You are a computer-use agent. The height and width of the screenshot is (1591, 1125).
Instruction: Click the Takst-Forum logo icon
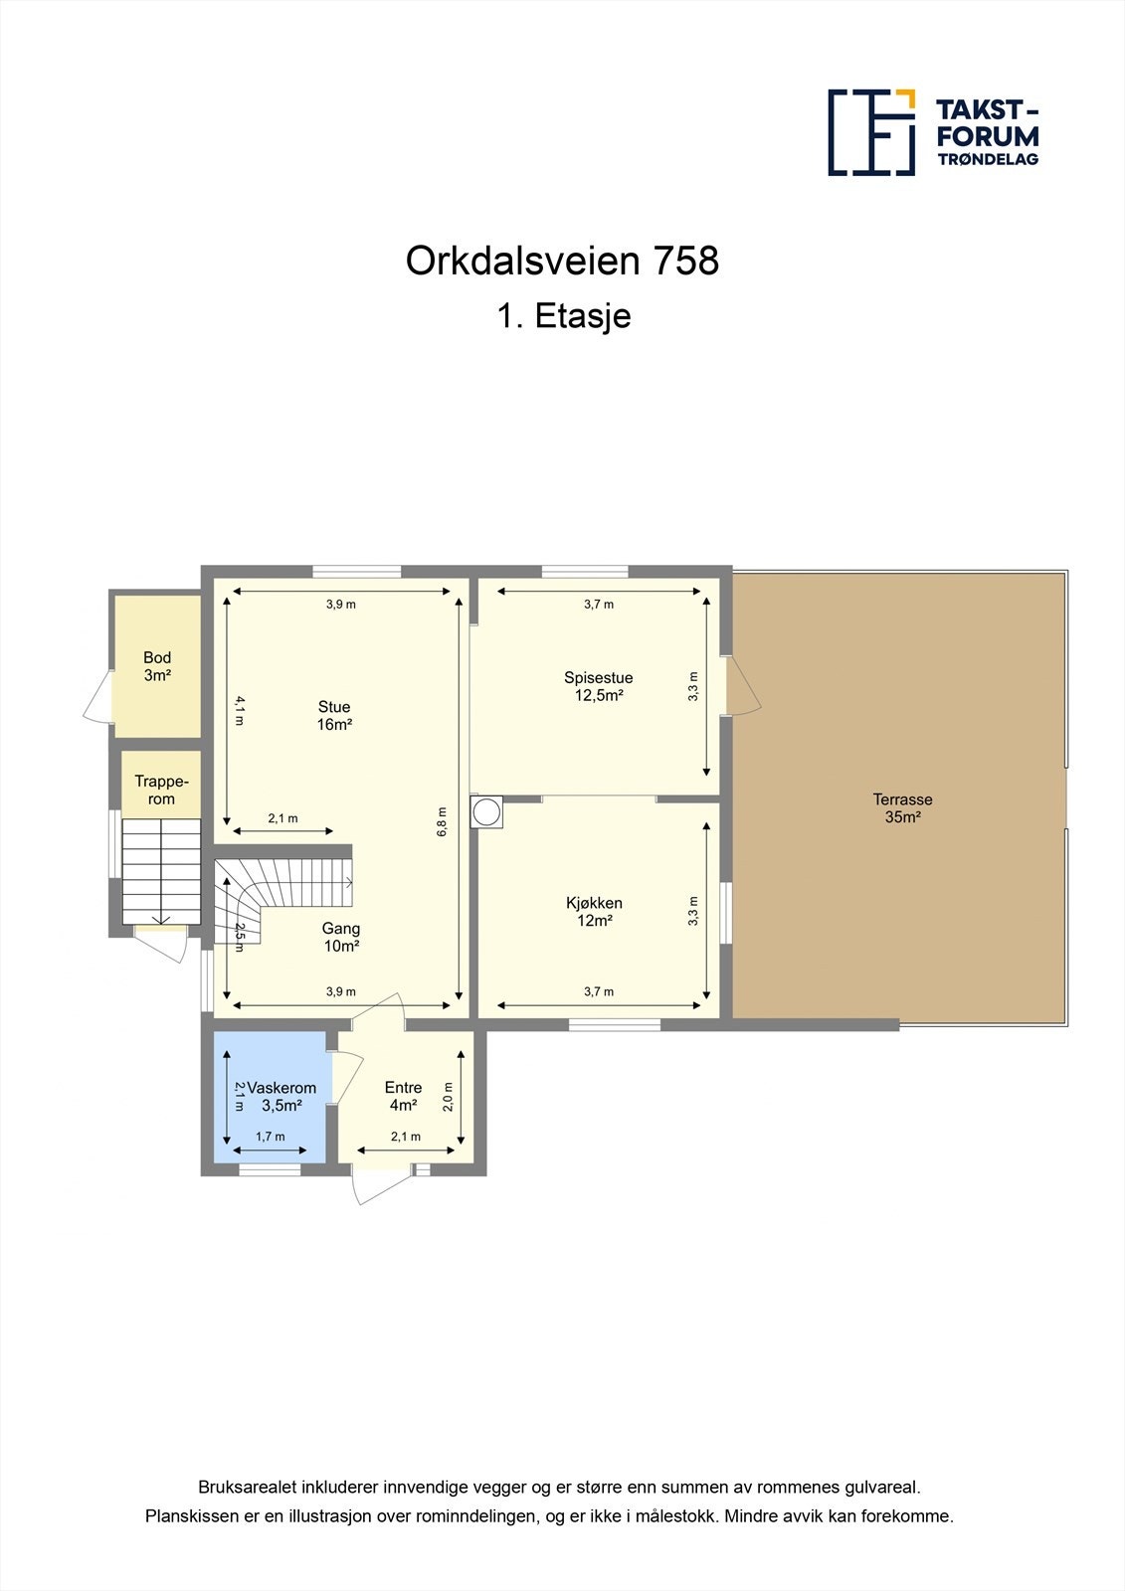tap(871, 132)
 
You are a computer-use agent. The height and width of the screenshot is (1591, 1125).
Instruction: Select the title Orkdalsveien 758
tap(562, 262)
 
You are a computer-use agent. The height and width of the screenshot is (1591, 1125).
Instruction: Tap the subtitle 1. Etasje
tap(563, 316)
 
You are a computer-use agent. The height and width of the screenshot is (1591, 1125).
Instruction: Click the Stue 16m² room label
tap(334, 716)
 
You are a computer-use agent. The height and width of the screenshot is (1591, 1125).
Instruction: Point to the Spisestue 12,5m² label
tap(598, 686)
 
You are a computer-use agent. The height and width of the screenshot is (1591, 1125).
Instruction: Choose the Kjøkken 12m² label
tap(594, 912)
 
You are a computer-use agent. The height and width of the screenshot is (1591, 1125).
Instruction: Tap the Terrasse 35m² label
tap(902, 807)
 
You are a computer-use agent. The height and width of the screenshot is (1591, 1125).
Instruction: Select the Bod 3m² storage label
tap(157, 666)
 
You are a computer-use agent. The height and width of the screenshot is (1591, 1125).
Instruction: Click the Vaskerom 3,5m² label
tap(281, 1096)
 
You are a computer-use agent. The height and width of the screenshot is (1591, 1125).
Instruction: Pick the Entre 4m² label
tap(403, 1096)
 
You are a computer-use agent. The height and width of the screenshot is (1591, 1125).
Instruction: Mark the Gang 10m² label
tap(341, 937)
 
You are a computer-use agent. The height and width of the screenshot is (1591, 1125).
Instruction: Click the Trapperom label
tap(161, 791)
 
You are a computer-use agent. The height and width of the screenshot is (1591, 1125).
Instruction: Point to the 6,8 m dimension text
tap(443, 821)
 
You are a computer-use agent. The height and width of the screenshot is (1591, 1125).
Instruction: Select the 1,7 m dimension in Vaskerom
tap(270, 1137)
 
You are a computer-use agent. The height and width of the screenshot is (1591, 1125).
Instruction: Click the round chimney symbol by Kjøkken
tap(488, 812)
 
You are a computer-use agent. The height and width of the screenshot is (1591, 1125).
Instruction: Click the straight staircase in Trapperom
tap(161, 871)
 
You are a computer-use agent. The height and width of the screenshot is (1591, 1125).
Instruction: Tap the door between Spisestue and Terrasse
tap(741, 686)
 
